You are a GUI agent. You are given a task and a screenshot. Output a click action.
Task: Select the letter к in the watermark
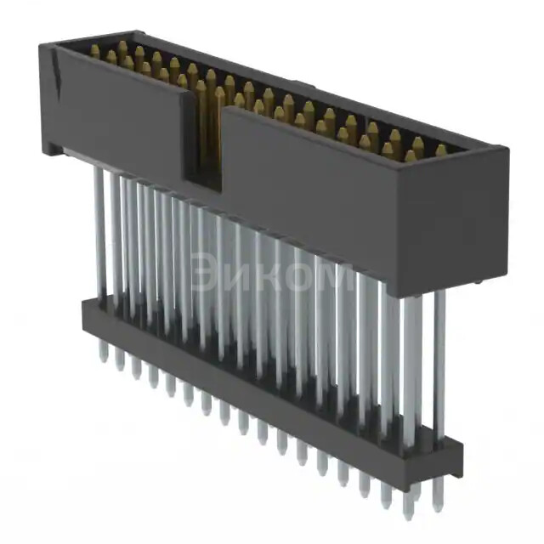[x=266, y=275]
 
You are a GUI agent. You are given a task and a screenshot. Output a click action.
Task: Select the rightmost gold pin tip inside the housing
[x=441, y=150]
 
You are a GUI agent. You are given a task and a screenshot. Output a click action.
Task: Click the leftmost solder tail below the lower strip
[x=103, y=354]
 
